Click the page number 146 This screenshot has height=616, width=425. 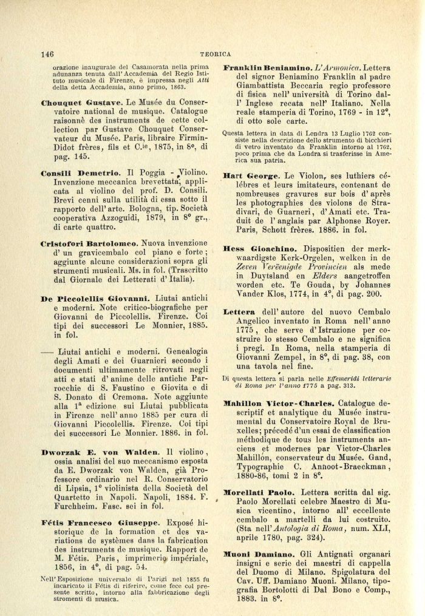48,53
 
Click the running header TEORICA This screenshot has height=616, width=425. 217,53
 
